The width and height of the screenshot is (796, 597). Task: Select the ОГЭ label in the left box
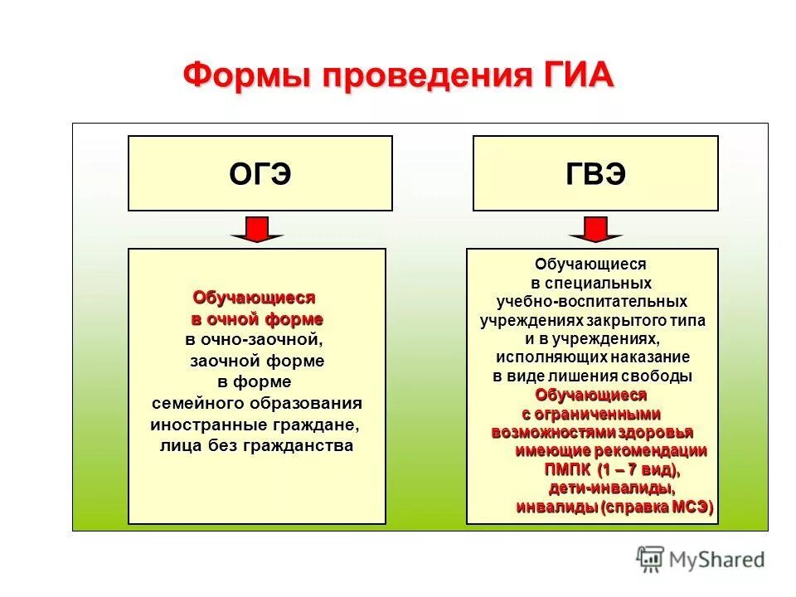pyautogui.click(x=260, y=175)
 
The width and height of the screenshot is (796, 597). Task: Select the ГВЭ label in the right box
pyautogui.click(x=595, y=175)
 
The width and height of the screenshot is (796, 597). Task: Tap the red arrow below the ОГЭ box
pyautogui.click(x=257, y=229)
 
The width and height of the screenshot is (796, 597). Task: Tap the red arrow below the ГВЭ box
pyautogui.click(x=594, y=229)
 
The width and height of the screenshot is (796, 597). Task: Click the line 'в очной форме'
pyautogui.click(x=257, y=318)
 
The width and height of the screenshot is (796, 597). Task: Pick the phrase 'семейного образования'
pyautogui.click(x=257, y=403)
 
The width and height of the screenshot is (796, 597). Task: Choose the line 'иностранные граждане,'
pyautogui.click(x=255, y=425)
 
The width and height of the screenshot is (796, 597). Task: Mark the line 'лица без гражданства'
pyautogui.click(x=256, y=445)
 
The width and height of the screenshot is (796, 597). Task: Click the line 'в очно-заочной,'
pyautogui.click(x=252, y=340)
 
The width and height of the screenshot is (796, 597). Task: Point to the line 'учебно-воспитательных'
pyautogui.click(x=592, y=302)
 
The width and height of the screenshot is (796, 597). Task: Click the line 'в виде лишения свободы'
pyautogui.click(x=592, y=376)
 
